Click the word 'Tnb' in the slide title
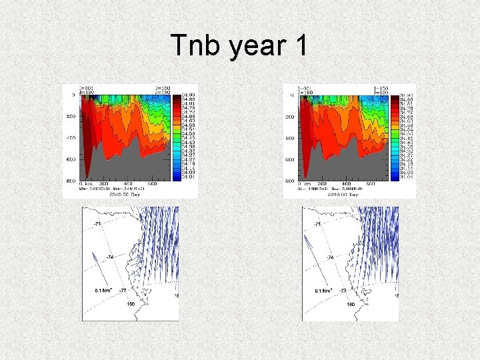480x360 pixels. pyautogui.click(x=195, y=46)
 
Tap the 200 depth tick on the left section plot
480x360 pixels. pyautogui.click(x=71, y=117)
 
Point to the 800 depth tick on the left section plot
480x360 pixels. pyautogui.click(x=71, y=181)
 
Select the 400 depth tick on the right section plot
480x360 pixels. pyautogui.click(x=291, y=139)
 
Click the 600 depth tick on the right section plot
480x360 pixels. pyautogui.click(x=291, y=160)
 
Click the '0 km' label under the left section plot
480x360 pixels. pyautogui.click(x=85, y=184)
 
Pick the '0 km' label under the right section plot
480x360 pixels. pyautogui.click(x=305, y=184)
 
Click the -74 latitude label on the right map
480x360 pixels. pyautogui.click(x=329, y=257)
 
